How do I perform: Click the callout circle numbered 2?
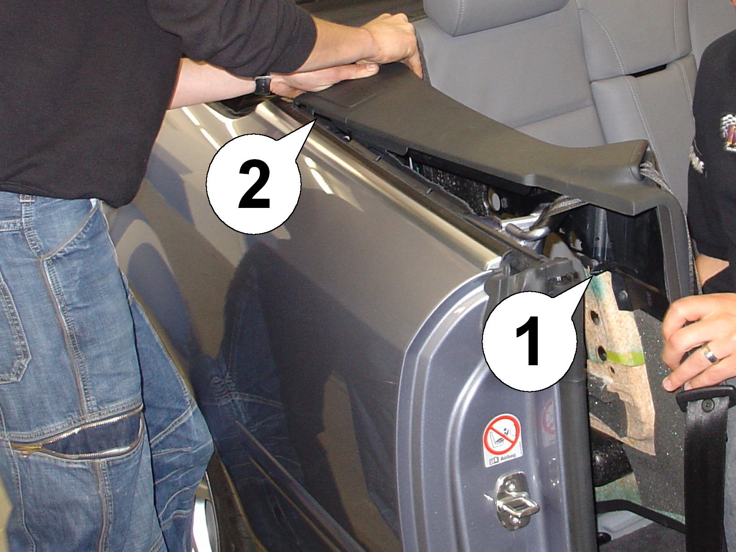coord(253,184)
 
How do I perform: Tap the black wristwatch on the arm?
coord(263,85)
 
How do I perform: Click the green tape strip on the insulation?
coord(626,356)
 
